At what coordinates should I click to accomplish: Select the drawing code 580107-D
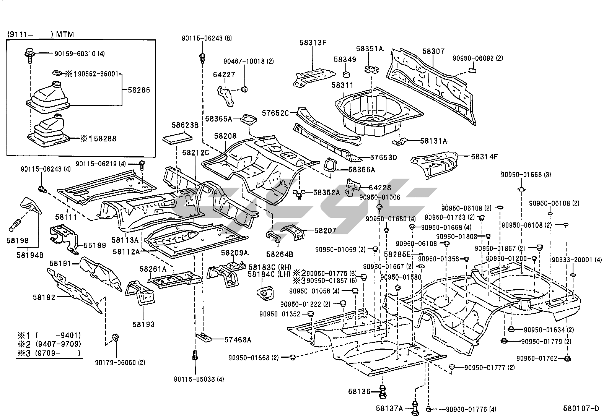(x=580, y=409)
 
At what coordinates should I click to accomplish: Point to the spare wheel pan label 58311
(x=342, y=85)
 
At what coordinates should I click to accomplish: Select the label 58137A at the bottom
(x=389, y=409)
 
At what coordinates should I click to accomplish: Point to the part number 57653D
(x=383, y=157)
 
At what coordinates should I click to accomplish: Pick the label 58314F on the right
(x=485, y=156)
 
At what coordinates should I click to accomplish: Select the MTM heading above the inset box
(x=65, y=34)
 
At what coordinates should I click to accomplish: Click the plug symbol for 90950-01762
(x=567, y=358)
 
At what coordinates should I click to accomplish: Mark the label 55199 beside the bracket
(x=94, y=245)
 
